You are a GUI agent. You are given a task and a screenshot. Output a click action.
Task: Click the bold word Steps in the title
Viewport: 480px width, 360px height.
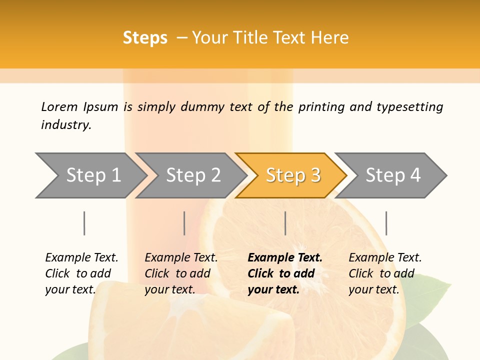point(145,38)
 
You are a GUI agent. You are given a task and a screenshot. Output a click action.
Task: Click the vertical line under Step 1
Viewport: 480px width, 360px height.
point(84,223)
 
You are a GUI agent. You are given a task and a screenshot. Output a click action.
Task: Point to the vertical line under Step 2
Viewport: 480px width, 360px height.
point(184,223)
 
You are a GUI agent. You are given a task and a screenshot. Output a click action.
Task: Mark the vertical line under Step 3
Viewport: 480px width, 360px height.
point(285,223)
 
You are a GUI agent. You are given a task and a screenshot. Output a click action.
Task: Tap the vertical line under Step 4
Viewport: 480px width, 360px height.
point(386,223)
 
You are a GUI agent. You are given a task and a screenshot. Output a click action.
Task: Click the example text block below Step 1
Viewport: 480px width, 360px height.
point(81,273)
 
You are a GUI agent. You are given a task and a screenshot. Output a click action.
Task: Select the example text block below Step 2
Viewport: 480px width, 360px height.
point(181,273)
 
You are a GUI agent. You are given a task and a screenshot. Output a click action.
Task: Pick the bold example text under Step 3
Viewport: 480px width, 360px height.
point(285,273)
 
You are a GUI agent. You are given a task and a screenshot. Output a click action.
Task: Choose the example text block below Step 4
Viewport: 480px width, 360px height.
point(385,273)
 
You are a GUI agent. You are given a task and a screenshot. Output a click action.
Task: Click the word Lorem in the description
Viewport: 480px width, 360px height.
point(59,107)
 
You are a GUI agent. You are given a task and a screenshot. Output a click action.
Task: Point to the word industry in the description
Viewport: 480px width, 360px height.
point(66,125)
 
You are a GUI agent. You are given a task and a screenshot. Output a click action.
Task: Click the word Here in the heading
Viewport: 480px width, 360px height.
point(330,38)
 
